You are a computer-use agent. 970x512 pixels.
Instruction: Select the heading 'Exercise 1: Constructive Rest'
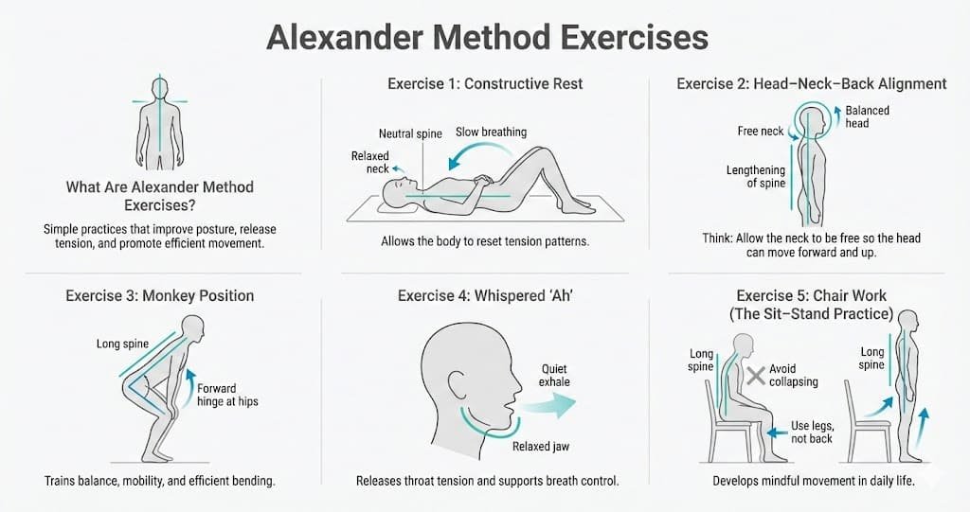485,83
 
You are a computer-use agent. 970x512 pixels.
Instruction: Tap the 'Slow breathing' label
491,132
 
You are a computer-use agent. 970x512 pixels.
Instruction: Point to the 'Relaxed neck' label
370,163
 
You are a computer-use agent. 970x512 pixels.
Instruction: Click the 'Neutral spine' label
410,133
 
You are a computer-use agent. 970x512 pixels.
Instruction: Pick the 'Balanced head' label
867,116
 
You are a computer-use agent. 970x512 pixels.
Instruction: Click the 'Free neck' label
761,132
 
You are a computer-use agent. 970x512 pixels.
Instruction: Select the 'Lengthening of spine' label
756,177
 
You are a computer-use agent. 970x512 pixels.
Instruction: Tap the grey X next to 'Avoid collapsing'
755,376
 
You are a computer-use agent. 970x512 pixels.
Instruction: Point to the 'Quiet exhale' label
555,375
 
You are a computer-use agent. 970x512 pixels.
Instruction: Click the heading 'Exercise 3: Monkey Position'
160,295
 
